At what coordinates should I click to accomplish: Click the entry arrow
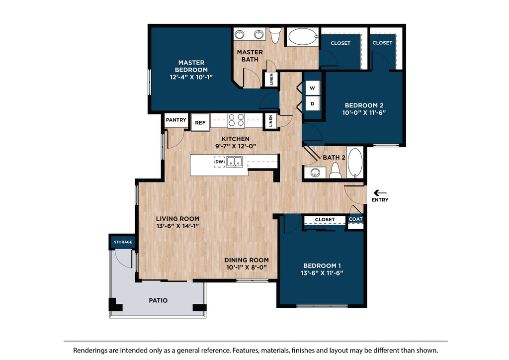[x=380, y=193]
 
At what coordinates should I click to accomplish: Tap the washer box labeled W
[x=313, y=88]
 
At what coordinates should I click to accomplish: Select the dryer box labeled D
[x=313, y=103]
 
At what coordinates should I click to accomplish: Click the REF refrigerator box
[x=200, y=122]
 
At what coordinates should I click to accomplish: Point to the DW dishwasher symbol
[x=219, y=162]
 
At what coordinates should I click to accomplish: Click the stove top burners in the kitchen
[x=236, y=120]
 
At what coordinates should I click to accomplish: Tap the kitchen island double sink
[x=235, y=162]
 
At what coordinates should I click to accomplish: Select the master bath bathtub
[x=303, y=37]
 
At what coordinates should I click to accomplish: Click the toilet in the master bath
[x=275, y=35]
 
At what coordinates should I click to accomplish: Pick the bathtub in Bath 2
[x=355, y=162]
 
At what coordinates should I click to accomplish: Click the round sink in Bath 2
[x=315, y=173]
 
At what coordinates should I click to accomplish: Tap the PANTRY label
[x=176, y=120]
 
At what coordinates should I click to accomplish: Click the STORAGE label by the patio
[x=123, y=242]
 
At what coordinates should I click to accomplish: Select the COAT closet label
[x=355, y=219]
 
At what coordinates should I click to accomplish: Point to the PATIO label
[x=158, y=300]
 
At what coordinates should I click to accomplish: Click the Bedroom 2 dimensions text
[x=364, y=113]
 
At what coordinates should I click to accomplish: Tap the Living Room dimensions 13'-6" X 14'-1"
[x=177, y=226]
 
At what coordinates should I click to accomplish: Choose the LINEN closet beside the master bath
[x=271, y=79]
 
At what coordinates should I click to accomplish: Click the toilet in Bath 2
[x=336, y=171]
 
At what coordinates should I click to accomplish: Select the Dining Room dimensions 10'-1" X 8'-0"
[x=247, y=267]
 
